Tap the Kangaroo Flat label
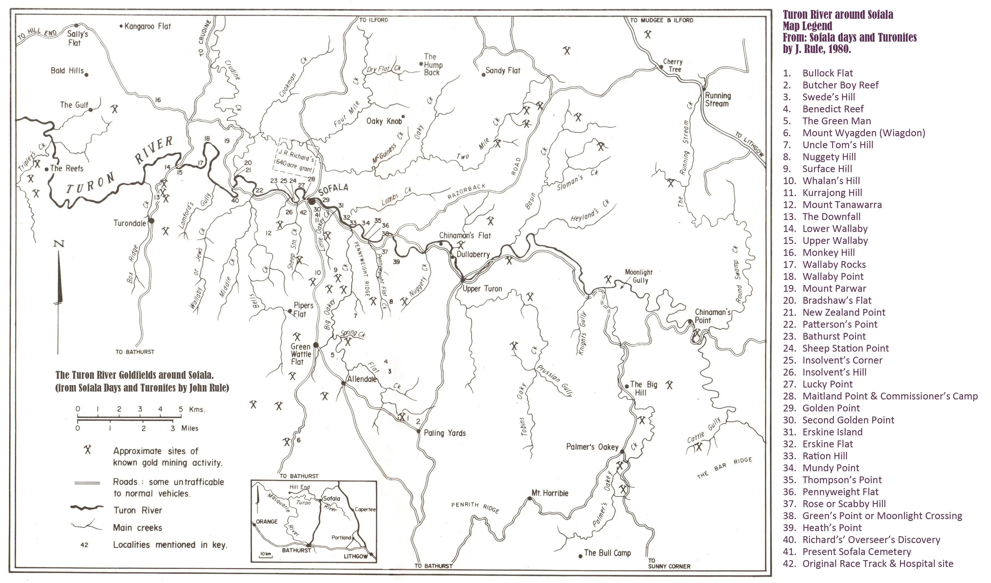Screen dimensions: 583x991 click(147, 26)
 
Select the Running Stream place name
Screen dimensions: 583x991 click(718, 100)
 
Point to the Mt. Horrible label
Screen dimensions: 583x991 click(549, 493)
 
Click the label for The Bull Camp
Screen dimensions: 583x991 click(607, 553)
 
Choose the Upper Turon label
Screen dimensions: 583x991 click(482, 289)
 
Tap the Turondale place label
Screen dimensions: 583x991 click(129, 223)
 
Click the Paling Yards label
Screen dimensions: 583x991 click(444, 433)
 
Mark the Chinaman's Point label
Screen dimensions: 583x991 click(712, 316)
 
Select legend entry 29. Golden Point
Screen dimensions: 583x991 click(830, 408)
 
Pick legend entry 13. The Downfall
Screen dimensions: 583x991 click(831, 217)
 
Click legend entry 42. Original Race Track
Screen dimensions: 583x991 click(877, 563)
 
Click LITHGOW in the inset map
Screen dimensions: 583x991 click(355, 556)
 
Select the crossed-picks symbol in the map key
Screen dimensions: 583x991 click(88, 450)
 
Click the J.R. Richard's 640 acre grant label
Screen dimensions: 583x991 click(295, 160)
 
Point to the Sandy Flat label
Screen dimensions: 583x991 click(502, 71)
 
